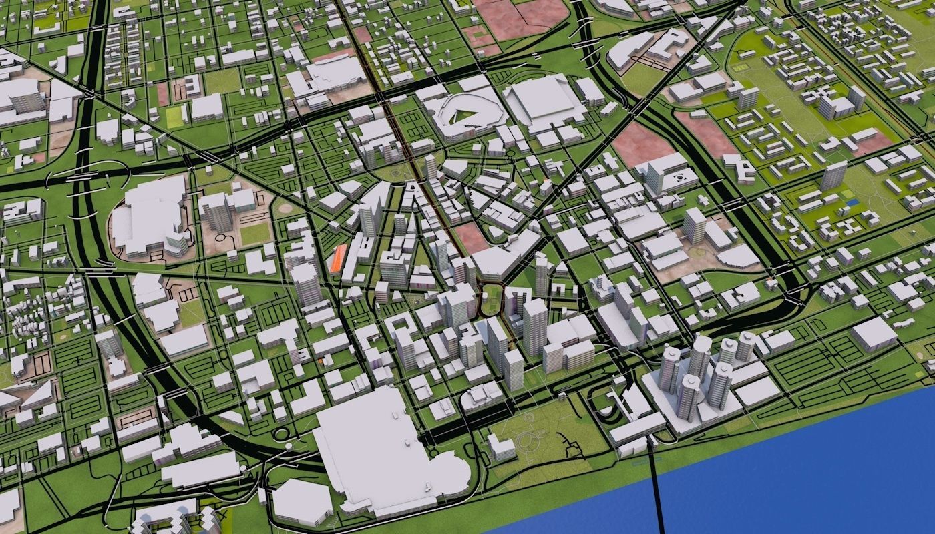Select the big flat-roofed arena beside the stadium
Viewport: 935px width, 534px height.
542,101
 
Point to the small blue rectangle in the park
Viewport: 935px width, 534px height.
850,202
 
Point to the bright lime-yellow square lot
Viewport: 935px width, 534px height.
174,117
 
